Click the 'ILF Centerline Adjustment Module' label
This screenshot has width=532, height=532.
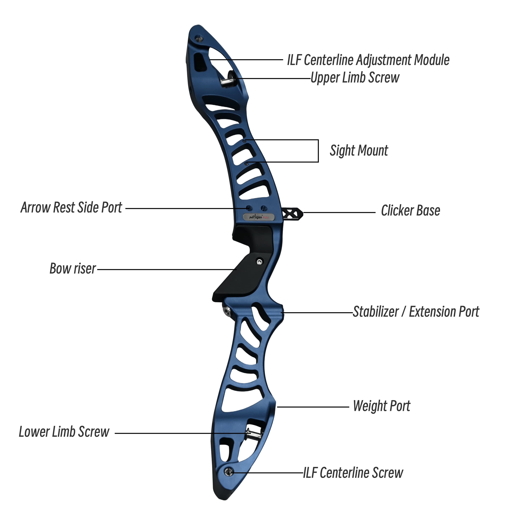[368, 60]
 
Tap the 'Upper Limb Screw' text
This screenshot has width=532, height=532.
[355, 78]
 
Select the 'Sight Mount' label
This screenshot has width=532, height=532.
[359, 151]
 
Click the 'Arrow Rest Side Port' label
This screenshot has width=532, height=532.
[71, 208]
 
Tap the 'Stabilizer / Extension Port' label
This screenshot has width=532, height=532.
[416, 312]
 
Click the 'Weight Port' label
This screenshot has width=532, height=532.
[382, 406]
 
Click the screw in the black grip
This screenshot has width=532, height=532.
[259, 262]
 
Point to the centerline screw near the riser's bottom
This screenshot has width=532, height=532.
[228, 472]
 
